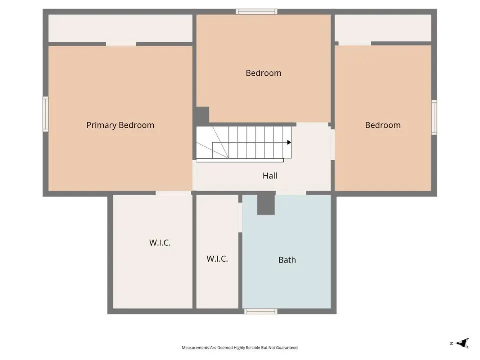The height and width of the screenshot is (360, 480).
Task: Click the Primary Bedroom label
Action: click(x=120, y=125)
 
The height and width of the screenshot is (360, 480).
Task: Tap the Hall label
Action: click(x=270, y=176)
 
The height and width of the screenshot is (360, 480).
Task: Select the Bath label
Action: click(x=287, y=260)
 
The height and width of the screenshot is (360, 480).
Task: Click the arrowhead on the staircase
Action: click(x=289, y=142)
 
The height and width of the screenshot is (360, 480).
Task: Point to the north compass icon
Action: click(x=462, y=343)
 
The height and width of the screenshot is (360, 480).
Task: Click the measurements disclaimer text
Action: click(x=240, y=348)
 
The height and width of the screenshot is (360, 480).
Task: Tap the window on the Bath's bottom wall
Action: click(x=261, y=311)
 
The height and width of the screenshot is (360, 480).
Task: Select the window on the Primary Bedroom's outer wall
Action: click(x=45, y=114)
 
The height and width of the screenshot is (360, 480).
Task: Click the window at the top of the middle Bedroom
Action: click(x=256, y=12)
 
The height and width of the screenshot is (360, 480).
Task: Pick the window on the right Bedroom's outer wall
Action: click(x=434, y=117)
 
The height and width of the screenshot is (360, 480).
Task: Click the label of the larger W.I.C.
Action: click(x=160, y=243)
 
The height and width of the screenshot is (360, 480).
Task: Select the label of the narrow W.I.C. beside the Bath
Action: click(x=217, y=259)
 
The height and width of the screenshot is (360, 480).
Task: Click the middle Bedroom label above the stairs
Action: click(x=263, y=73)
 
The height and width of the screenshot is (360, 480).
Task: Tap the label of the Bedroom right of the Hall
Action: click(x=383, y=125)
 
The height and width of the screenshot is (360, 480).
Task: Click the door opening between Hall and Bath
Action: click(x=291, y=193)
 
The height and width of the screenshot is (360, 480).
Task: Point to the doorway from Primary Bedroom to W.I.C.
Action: click(x=173, y=193)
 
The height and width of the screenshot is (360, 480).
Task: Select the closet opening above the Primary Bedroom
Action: click(x=121, y=44)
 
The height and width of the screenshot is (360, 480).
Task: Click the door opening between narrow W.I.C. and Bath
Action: click(x=240, y=217)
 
